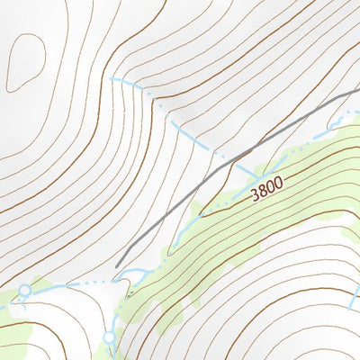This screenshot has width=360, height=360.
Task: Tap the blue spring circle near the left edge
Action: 24,291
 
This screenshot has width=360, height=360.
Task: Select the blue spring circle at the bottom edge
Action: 110,337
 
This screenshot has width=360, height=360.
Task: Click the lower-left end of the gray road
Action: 117,265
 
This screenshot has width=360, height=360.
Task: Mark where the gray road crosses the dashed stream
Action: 232,163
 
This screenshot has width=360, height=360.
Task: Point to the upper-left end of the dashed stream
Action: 112,80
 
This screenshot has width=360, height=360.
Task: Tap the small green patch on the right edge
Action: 352,232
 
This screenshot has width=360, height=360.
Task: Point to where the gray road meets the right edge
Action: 358,92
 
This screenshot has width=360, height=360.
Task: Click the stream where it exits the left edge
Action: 2,306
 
